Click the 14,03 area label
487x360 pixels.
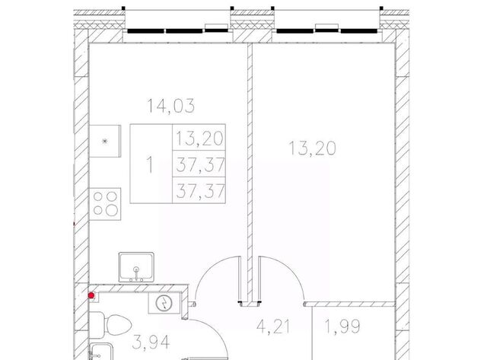(x=170, y=106)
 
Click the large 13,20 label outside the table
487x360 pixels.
(x=313, y=148)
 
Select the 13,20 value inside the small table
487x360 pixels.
(x=199, y=139)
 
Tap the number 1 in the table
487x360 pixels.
(x=150, y=164)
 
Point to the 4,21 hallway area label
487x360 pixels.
(x=273, y=327)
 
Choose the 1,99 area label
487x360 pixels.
(x=342, y=327)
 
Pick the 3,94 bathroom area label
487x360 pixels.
(x=151, y=342)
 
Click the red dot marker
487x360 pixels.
(x=91, y=295)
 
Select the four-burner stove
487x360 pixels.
(x=105, y=204)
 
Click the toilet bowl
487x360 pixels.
(x=117, y=325)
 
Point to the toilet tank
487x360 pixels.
(x=97, y=325)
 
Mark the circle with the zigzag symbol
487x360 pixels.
(x=164, y=303)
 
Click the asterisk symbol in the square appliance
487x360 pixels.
(x=105, y=142)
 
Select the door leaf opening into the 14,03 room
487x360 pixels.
(x=240, y=279)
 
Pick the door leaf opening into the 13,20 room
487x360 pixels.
(x=259, y=279)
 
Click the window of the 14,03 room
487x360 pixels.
(x=177, y=30)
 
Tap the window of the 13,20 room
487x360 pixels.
(x=326, y=30)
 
